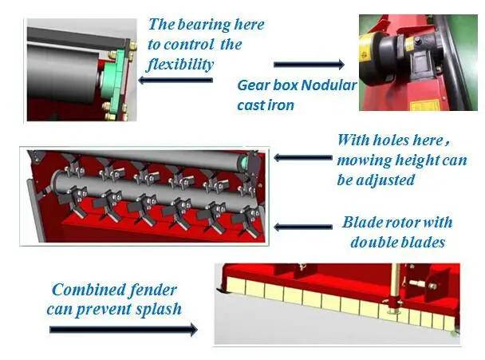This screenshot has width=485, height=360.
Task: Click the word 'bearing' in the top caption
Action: (x=203, y=26)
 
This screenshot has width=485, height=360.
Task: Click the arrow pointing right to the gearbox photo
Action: (x=309, y=64)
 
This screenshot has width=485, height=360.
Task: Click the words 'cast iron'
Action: (x=266, y=105)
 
